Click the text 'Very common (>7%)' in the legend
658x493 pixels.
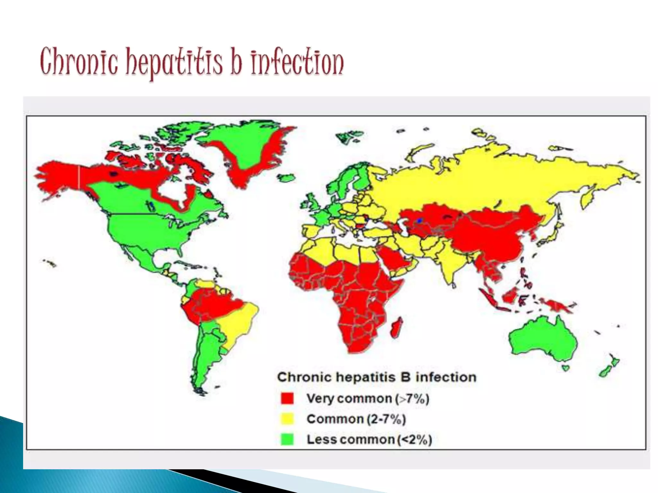[368, 399]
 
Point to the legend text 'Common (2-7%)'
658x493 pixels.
[356, 419]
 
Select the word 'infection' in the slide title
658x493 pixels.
[297, 63]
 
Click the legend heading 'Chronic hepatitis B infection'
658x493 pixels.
[377, 377]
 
